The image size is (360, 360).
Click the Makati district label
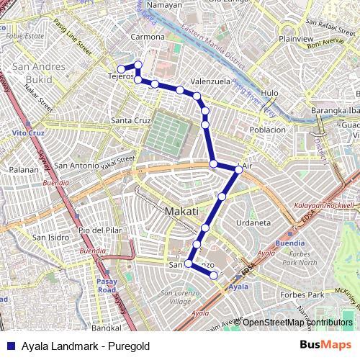point(181,212)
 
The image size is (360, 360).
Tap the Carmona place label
point(148,37)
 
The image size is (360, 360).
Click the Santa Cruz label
point(130,120)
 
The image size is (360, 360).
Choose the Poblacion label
point(267,130)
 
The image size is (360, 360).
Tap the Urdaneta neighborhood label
point(257,223)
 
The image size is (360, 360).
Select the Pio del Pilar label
point(97,230)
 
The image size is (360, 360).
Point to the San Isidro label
point(49,237)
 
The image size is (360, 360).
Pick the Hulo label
point(270,93)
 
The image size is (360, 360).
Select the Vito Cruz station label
point(24,134)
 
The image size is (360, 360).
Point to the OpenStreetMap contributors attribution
point(297,323)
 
